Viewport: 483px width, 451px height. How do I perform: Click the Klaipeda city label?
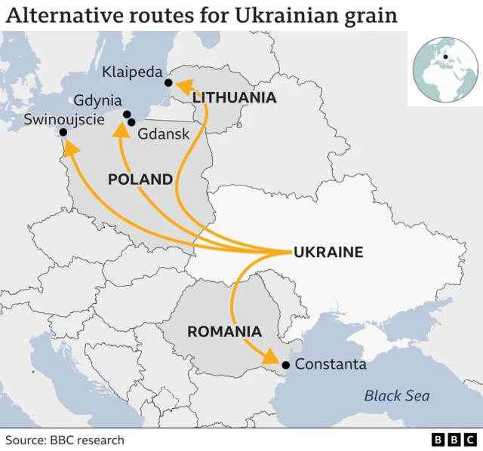coord(133,73)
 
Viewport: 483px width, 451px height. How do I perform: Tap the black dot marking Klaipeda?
coord(168,83)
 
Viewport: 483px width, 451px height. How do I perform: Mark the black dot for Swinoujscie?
coord(63,133)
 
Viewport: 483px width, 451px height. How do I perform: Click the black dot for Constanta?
coord(285,366)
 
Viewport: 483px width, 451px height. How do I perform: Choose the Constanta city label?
coord(331,365)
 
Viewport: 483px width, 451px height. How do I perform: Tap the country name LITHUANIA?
coord(234,97)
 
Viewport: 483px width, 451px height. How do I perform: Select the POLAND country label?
coord(140,179)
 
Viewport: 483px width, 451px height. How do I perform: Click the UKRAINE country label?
coord(328,252)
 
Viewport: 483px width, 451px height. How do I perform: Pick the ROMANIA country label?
coord(224,331)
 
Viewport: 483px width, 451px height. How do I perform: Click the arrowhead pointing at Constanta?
coord(269,357)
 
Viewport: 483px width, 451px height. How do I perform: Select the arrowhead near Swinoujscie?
coord(70,149)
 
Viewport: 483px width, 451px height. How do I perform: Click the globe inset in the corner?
coord(445,71)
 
